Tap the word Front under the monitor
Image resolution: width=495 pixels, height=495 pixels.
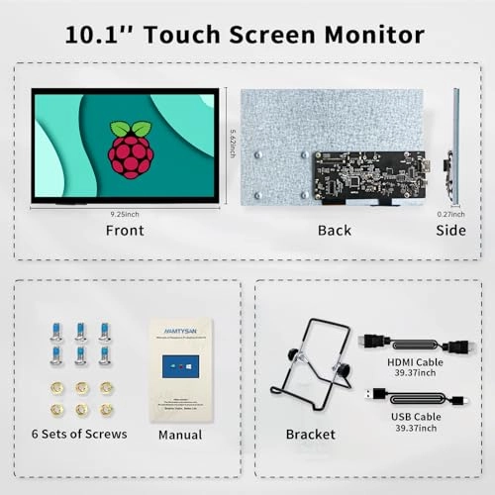click(125, 231)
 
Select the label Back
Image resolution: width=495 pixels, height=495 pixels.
click(335, 231)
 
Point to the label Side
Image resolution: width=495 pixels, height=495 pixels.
click(452, 231)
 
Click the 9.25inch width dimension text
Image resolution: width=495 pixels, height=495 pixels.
click(125, 211)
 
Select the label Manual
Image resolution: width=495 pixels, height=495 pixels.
click(180, 435)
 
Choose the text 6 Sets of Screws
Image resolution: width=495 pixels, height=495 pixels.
click(78, 434)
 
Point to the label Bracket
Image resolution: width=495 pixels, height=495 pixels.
click(310, 434)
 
